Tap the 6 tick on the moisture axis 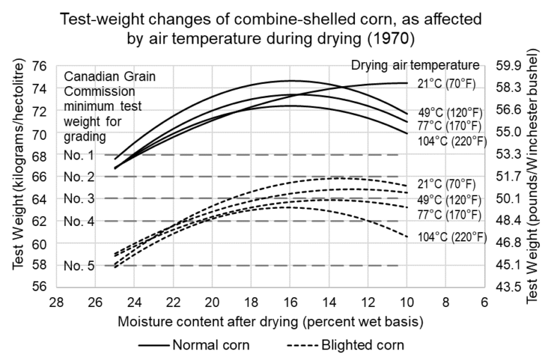pyautogui.click(x=484, y=301)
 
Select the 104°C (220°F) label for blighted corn pyautogui.click(x=452, y=237)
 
